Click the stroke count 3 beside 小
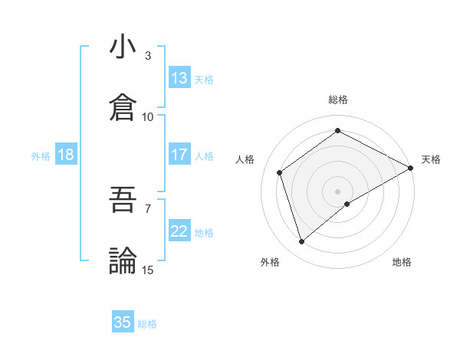click(148, 56)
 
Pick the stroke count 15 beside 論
click(148, 270)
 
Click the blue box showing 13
click(179, 78)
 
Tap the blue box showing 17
click(179, 155)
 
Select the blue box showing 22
click(179, 231)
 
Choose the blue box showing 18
click(66, 155)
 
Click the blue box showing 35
click(123, 322)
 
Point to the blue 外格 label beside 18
click(41, 156)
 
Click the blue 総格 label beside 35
click(147, 324)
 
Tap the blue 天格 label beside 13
click(204, 80)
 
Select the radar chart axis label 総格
click(338, 100)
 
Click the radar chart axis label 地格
click(402, 262)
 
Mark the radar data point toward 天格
click(412, 168)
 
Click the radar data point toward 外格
click(302, 242)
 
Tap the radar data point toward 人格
click(280, 172)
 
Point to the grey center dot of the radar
click(338, 191)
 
